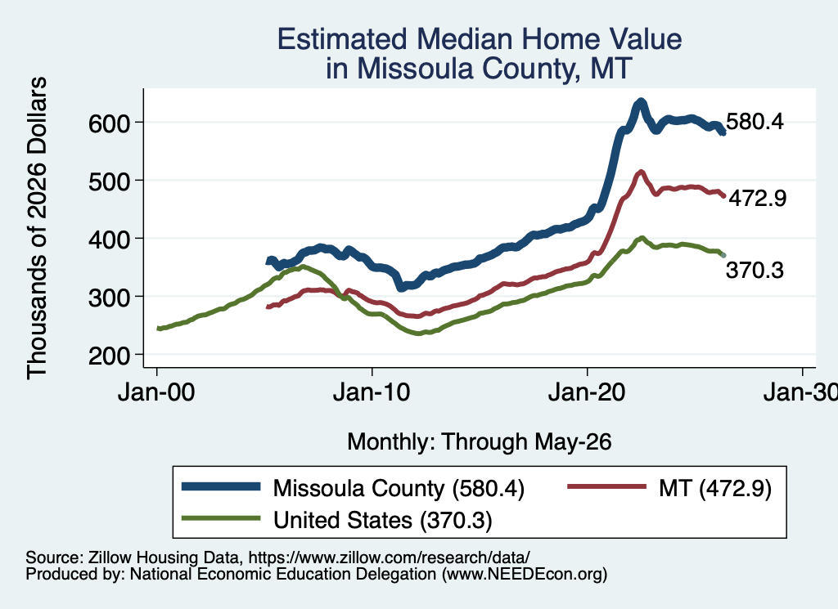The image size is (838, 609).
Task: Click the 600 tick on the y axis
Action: coord(110,123)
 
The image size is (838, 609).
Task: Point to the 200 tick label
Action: coord(110,356)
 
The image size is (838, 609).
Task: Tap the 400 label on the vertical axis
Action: coord(110,240)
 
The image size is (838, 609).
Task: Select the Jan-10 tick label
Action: coord(372,393)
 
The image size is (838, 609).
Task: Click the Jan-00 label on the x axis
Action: coord(156,393)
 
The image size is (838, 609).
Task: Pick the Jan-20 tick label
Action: coord(587,393)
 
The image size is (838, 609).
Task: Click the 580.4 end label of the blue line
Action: coord(755,122)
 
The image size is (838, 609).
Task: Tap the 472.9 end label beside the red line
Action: coord(758,198)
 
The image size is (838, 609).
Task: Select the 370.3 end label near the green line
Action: coord(755,270)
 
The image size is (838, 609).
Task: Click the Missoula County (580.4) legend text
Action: coord(399,488)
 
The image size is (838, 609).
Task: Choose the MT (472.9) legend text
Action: coord(715,488)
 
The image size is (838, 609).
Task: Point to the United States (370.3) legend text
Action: coord(383,521)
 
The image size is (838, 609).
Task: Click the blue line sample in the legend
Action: coord(221,486)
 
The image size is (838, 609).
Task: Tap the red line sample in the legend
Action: coord(606,486)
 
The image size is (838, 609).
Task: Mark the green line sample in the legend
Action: coord(221,517)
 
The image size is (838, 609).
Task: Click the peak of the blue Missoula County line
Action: coord(640,101)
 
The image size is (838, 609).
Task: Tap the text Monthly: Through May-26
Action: coord(480,442)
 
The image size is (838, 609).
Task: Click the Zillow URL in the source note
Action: coord(389,558)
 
